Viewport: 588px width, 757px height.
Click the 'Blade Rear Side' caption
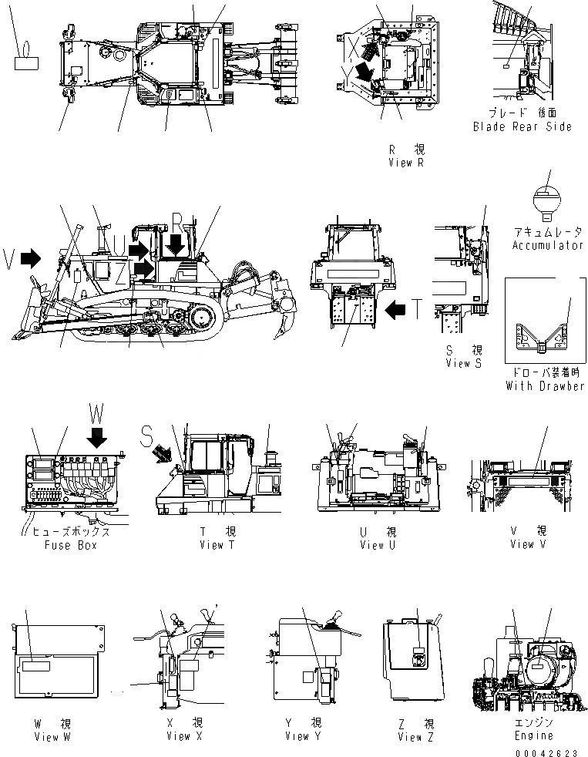tap(522, 126)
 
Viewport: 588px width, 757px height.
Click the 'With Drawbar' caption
tap(545, 385)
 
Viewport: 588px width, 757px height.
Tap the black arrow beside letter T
tap(394, 311)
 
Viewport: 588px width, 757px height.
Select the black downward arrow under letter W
tap(96, 437)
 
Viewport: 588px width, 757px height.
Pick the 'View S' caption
tap(464, 363)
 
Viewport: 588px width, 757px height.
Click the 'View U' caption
tap(378, 545)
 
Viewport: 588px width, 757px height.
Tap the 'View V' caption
tap(528, 543)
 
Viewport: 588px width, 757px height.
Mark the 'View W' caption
tap(52, 736)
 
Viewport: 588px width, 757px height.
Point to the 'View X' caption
tap(184, 736)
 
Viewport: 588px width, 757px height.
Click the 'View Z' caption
tap(416, 737)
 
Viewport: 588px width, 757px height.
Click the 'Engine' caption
tap(534, 736)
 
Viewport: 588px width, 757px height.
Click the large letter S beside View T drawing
tap(147, 437)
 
